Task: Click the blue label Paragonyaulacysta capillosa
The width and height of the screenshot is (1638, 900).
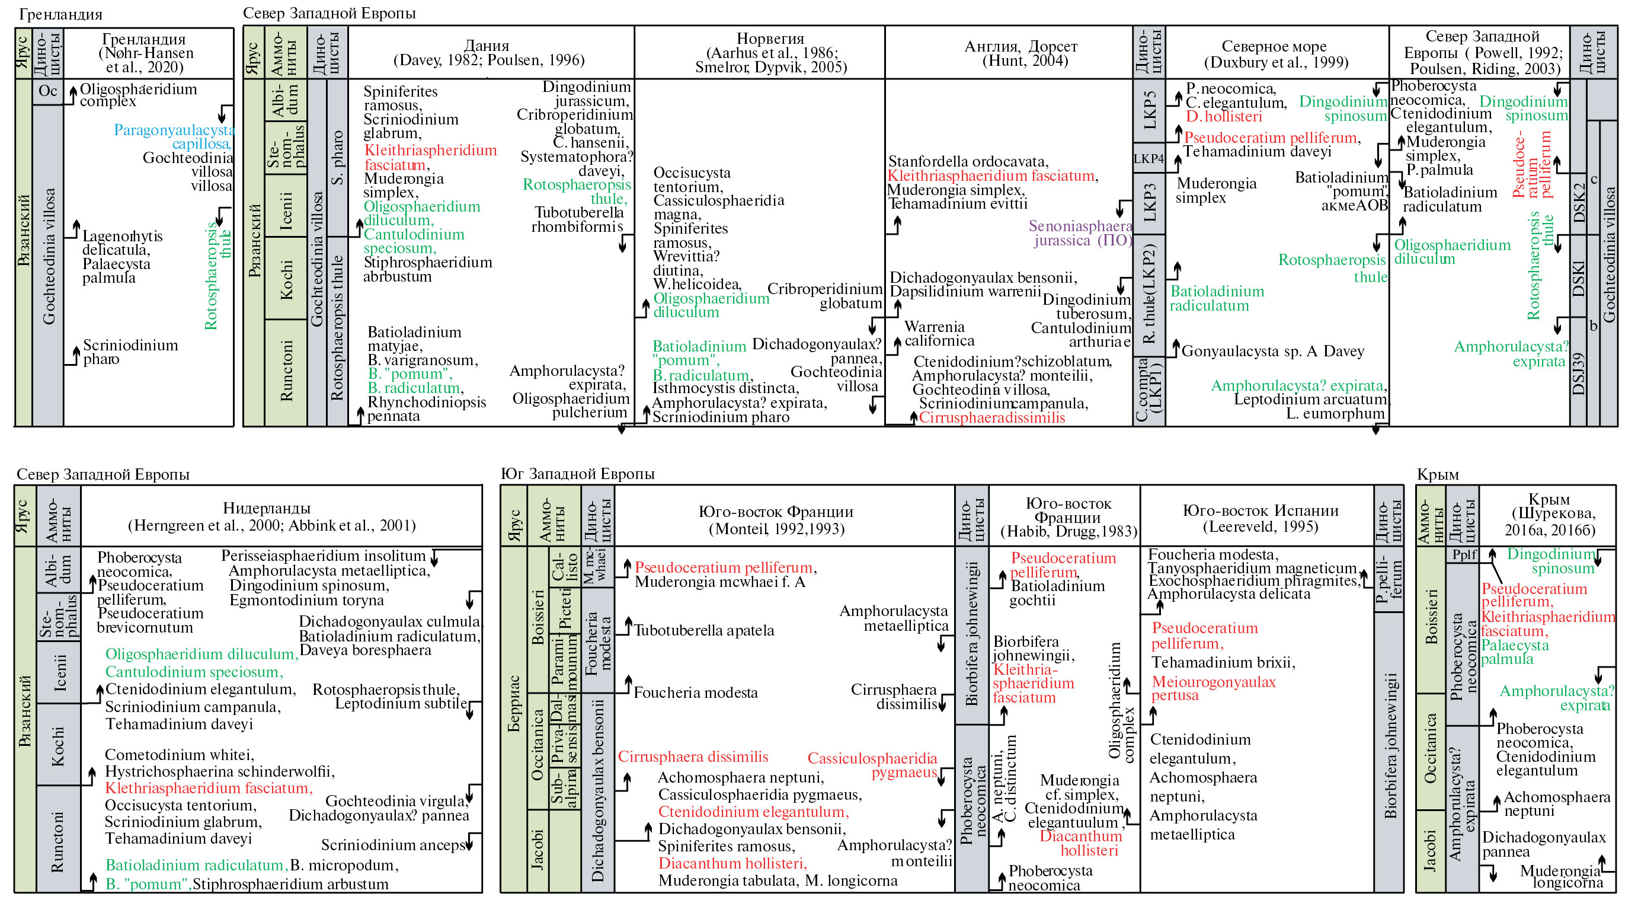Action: (174, 137)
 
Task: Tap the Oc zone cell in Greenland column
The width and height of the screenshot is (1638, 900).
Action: (47, 91)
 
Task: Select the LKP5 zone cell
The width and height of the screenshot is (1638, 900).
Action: (1149, 110)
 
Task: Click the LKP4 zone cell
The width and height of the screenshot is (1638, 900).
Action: (1148, 158)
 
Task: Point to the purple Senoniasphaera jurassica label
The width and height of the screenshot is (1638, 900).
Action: (1080, 233)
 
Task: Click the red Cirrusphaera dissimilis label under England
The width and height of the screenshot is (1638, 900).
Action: (991, 418)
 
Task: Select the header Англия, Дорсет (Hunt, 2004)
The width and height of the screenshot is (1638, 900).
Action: (1020, 53)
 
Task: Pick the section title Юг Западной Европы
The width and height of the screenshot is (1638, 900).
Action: (577, 474)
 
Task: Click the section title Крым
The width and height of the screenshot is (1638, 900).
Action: (1438, 474)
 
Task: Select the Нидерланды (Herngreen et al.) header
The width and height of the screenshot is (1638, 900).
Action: (271, 516)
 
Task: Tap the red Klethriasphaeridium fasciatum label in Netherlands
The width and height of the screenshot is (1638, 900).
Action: (209, 788)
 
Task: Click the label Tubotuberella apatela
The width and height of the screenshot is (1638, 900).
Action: (704, 630)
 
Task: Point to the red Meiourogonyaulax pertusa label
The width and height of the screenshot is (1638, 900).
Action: (1213, 689)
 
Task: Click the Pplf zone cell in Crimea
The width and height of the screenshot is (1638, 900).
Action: (1464, 554)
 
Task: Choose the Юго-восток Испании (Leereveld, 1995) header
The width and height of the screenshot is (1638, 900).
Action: (1261, 518)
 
